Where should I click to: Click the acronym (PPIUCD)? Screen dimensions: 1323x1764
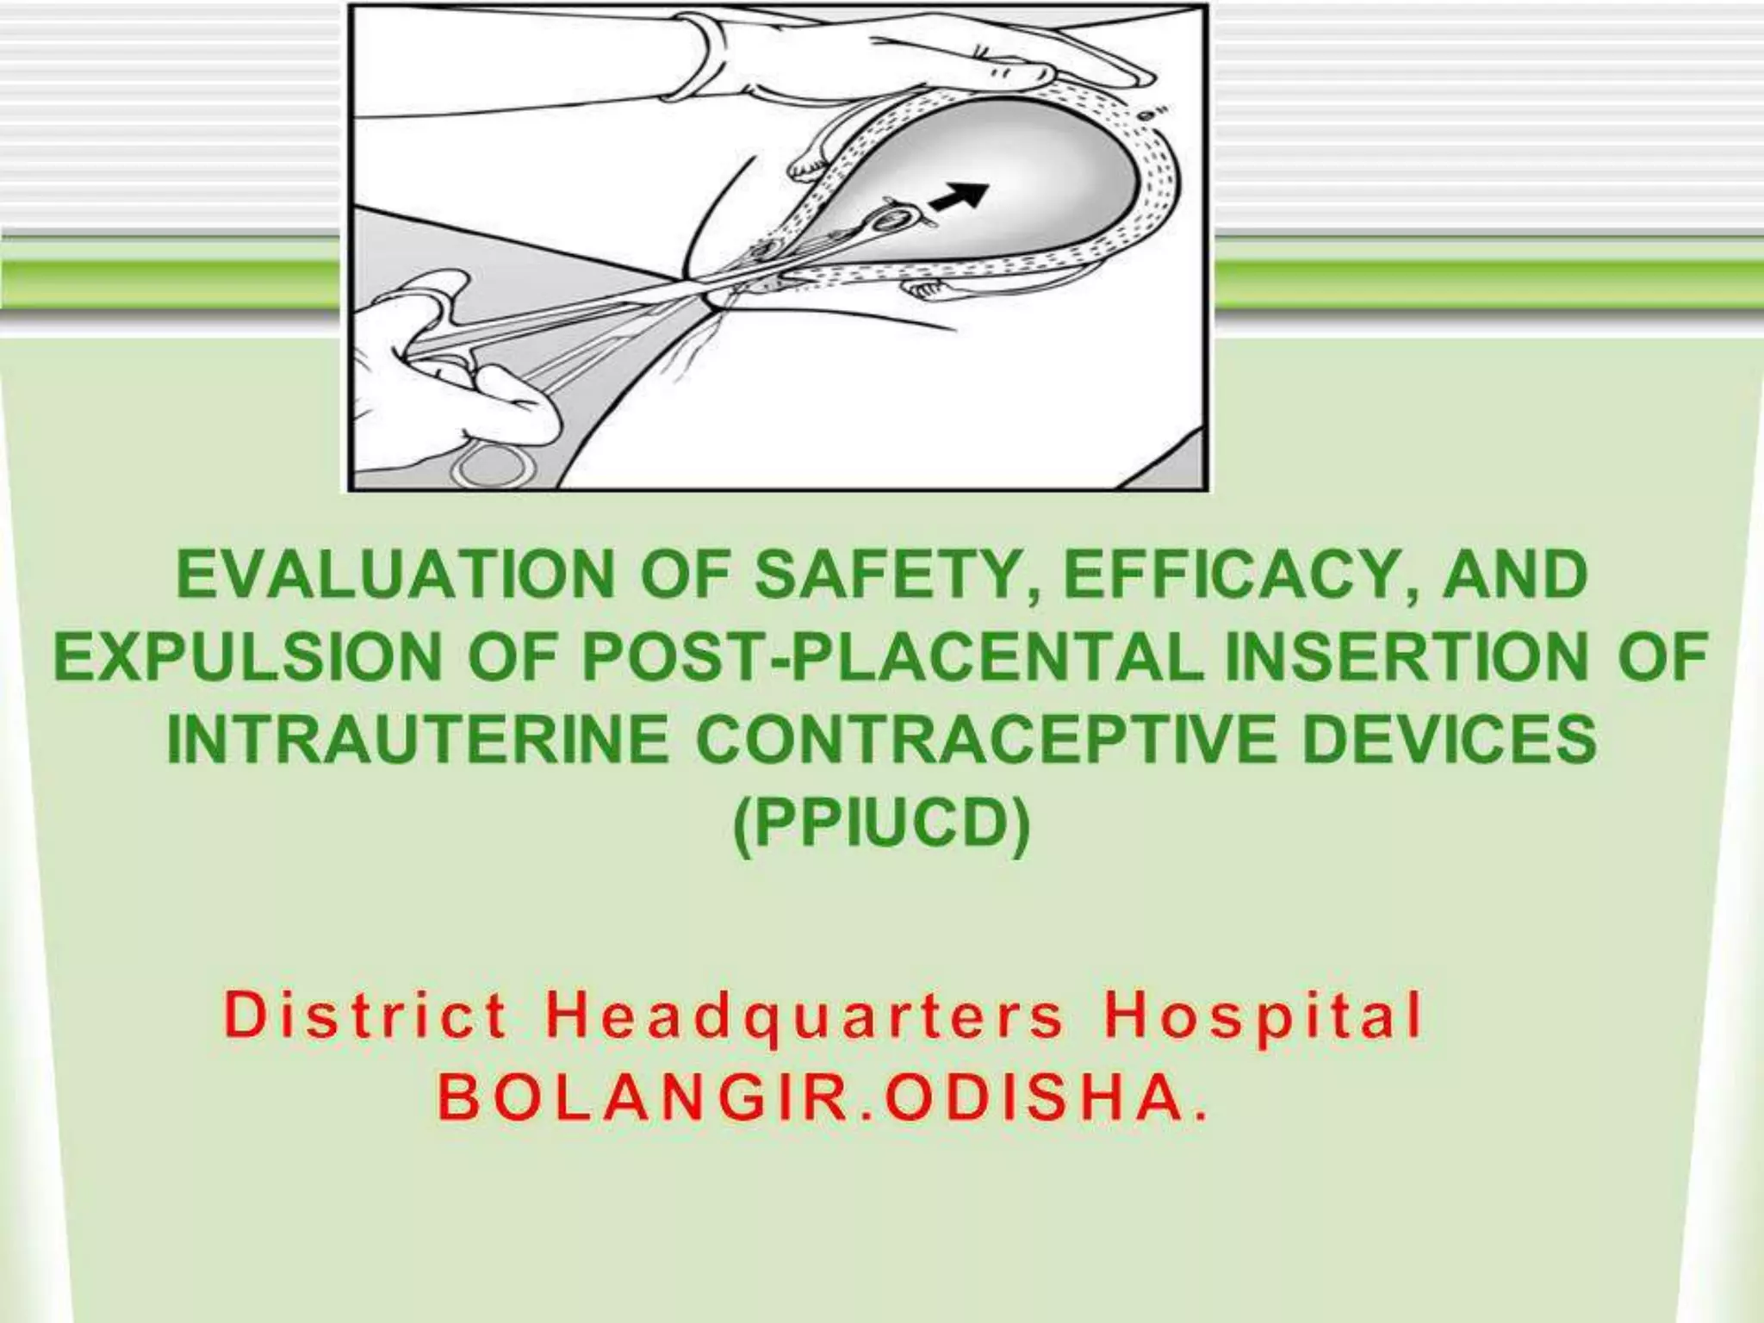click(881, 825)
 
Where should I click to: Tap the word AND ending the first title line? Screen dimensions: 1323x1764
click(1515, 575)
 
